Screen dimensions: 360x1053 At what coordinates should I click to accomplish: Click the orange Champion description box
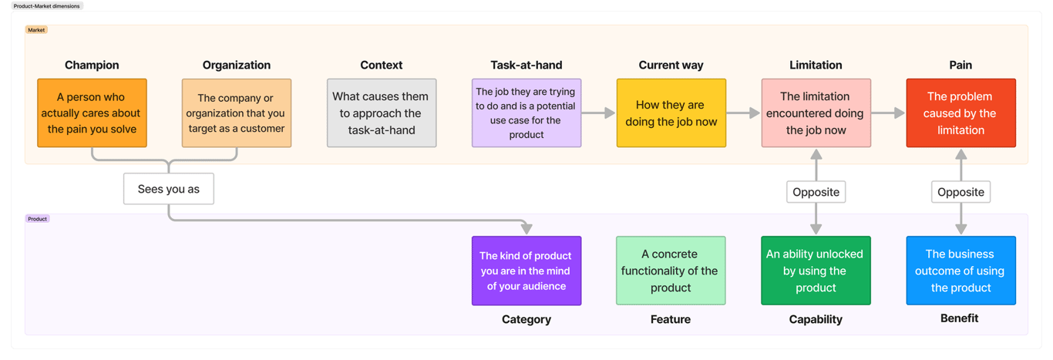(x=92, y=113)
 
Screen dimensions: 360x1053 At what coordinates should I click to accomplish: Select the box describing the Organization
(x=237, y=113)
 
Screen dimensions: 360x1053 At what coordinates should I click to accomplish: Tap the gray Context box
(x=382, y=113)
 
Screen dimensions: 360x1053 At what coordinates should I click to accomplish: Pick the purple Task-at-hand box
(x=526, y=113)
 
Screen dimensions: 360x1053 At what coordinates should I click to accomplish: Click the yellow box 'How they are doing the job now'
(x=671, y=113)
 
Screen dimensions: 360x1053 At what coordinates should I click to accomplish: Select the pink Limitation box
(x=816, y=113)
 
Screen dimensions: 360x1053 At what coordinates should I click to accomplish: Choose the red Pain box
(x=960, y=113)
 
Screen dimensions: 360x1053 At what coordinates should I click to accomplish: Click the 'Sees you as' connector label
(x=168, y=189)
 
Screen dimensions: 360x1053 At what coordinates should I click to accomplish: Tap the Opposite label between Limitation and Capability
(x=816, y=192)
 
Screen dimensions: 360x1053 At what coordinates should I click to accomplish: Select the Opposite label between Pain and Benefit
(x=960, y=192)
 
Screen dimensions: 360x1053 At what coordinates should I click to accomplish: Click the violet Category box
(x=526, y=271)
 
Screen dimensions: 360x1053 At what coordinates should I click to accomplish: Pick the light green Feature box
(x=671, y=271)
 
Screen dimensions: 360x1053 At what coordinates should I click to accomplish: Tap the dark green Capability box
(x=816, y=271)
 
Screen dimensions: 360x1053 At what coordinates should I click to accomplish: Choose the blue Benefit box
(x=960, y=271)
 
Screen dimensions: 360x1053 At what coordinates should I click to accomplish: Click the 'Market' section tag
(x=36, y=30)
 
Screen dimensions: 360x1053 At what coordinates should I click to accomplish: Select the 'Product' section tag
(x=38, y=219)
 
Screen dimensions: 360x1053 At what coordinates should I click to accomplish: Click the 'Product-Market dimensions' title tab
(x=47, y=6)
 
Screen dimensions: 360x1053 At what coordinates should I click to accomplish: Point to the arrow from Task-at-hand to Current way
(x=598, y=113)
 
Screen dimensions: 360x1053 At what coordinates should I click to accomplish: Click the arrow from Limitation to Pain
(x=888, y=113)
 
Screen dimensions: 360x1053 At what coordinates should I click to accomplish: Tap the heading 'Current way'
(x=671, y=66)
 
